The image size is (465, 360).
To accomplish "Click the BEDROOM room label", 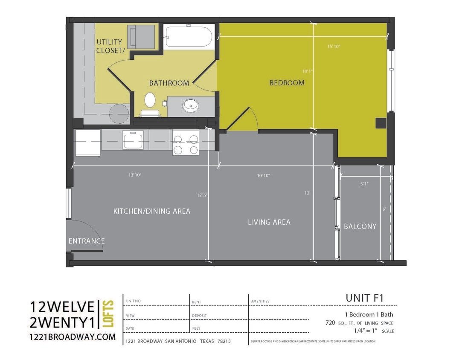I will click(x=287, y=83).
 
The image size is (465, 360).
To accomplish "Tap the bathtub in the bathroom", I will click(x=189, y=37).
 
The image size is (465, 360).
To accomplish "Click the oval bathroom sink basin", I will click(x=190, y=105).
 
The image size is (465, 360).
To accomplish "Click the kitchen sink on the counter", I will click(x=133, y=140).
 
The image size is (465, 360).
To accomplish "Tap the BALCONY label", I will click(x=360, y=226).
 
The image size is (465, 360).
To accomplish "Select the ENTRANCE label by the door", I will click(x=87, y=241).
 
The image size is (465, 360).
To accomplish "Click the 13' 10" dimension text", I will click(x=135, y=175).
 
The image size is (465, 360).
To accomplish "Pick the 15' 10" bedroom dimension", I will click(x=334, y=46).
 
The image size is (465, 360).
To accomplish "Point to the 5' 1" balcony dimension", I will click(x=364, y=184).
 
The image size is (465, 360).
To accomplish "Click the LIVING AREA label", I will click(x=269, y=222).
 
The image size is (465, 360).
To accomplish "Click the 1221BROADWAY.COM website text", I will click(x=73, y=337).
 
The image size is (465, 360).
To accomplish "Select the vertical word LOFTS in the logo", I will click(x=109, y=314).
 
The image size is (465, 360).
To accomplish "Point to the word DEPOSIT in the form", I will click(x=199, y=315).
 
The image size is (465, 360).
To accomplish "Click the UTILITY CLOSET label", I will click(x=109, y=46).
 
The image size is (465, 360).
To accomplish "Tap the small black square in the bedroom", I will click(x=381, y=123).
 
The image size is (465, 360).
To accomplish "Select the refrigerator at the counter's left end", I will click(x=88, y=143).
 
